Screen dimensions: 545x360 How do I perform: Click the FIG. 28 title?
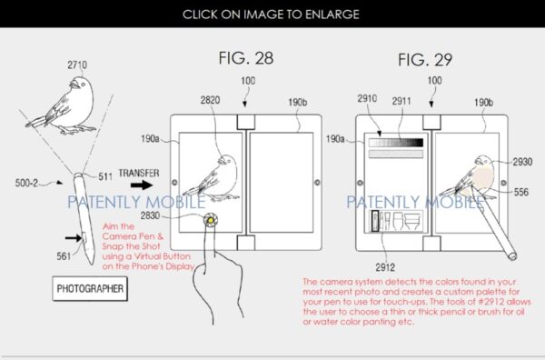pos(246,58)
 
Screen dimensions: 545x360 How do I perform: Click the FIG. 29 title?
pos(425,60)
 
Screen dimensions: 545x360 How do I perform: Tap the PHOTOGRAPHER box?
pos(90,289)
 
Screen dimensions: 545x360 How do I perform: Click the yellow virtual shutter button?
pos(211,220)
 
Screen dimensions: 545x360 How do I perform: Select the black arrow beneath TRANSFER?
pos(142,185)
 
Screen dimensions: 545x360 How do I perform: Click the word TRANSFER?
pos(139,173)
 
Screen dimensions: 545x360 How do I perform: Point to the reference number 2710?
pos(77,65)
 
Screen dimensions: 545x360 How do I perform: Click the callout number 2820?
pos(210,100)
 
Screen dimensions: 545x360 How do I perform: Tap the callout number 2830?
pos(150,215)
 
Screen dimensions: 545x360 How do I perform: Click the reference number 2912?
pos(385,267)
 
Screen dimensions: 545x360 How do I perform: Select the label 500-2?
pos(26,183)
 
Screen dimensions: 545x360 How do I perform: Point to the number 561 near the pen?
pos(64,256)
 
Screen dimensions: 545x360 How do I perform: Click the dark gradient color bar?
pos(396,143)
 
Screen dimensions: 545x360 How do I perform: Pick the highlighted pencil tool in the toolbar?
pos(375,221)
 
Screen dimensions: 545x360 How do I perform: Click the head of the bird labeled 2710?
pos(81,85)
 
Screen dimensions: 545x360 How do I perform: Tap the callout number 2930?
pos(522,162)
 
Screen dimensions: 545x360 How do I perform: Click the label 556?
pos(521,192)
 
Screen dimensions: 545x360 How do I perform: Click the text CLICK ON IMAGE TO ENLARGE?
pos(271,15)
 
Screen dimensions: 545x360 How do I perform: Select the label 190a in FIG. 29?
pos(334,139)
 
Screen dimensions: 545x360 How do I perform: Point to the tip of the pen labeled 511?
pos(78,175)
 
